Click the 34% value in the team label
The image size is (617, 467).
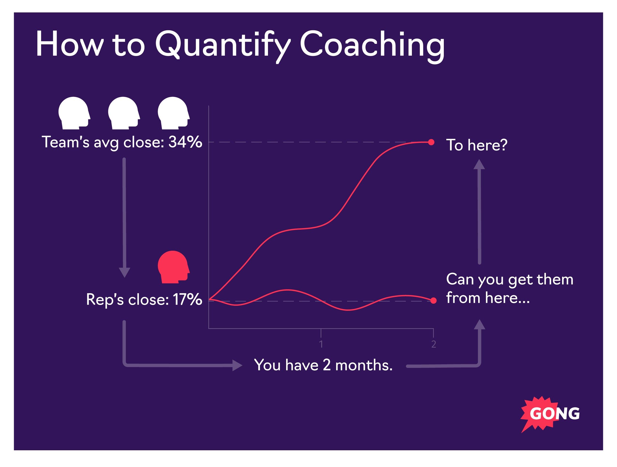pyautogui.click(x=185, y=142)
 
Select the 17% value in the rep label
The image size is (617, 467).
pyautogui.click(x=187, y=299)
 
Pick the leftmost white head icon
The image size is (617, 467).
pyautogui.click(x=74, y=113)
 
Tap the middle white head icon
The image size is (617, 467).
pyautogui.click(x=124, y=113)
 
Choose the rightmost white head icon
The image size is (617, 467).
pyautogui.click(x=173, y=113)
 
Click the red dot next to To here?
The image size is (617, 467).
pyautogui.click(x=431, y=142)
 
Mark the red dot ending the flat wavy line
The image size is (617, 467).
pyautogui.click(x=433, y=301)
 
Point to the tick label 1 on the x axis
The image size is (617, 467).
pyautogui.click(x=321, y=344)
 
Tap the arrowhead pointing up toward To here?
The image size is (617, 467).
pyautogui.click(x=479, y=165)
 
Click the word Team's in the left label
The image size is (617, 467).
pyautogui.click(x=66, y=142)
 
